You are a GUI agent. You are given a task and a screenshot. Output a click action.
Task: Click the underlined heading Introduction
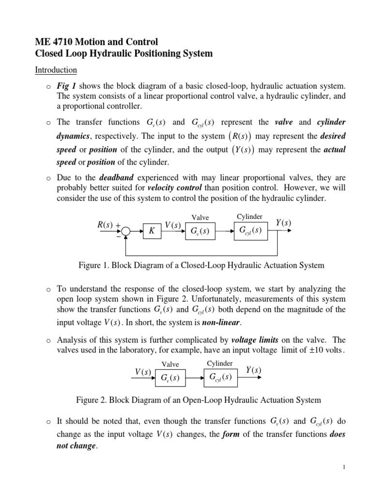56,70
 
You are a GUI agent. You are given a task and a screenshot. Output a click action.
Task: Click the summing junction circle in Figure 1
126,232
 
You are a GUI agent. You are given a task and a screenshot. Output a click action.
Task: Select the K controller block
152,232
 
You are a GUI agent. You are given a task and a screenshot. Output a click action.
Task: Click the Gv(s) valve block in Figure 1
199,232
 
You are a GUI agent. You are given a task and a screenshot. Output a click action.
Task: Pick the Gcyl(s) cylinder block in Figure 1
250,231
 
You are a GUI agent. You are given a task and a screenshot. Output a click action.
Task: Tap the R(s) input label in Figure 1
105,225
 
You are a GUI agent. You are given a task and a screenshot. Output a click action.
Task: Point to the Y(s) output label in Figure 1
283,222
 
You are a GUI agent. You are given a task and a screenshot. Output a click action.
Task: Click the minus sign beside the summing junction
118,236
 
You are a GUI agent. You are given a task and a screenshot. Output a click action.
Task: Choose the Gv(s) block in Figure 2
170,378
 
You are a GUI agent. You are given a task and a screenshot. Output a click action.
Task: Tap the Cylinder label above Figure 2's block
220,363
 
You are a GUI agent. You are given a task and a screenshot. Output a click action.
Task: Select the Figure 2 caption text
199,400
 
